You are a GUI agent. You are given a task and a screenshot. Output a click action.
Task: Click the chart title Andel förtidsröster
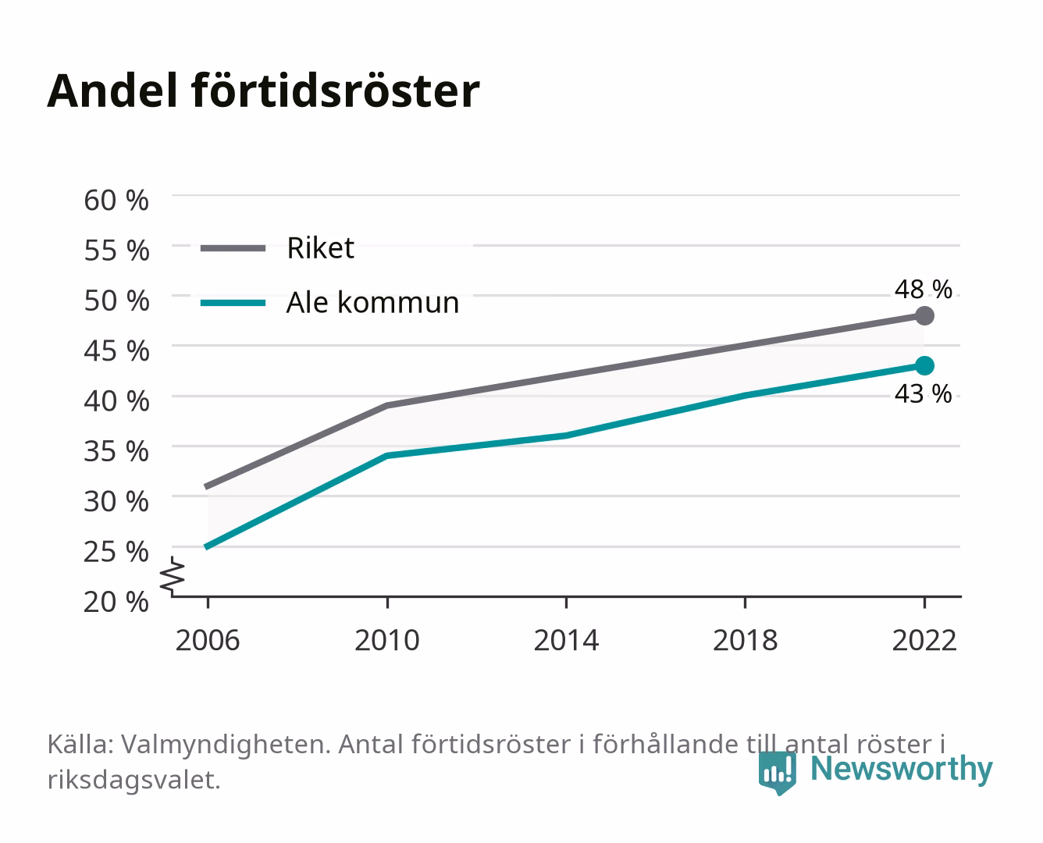point(263,91)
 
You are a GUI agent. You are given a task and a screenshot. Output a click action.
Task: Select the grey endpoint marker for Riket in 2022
point(924,316)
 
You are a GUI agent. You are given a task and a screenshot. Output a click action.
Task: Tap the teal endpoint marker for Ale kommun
point(924,366)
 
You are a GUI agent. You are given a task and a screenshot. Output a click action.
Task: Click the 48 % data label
point(923,289)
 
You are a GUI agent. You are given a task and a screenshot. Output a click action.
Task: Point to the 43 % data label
point(923,393)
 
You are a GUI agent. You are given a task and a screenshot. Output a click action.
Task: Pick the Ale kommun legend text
point(372,302)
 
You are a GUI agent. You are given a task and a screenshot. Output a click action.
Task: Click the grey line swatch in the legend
point(233,249)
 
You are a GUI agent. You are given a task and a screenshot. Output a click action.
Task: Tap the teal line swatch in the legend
point(233,303)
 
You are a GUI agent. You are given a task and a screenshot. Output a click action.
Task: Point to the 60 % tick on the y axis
point(116,201)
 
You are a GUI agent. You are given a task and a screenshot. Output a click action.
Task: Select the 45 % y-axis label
point(116,351)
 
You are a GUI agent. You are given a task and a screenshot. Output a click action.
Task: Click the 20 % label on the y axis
point(116,602)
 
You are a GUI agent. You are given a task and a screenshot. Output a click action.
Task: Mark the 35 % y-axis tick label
point(116,451)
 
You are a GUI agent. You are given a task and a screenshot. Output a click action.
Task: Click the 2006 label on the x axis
point(208,640)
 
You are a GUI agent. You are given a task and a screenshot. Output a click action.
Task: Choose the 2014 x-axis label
point(566,640)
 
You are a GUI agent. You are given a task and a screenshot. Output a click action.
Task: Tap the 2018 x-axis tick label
point(745,640)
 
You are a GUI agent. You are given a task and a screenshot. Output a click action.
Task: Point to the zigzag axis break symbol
point(173,576)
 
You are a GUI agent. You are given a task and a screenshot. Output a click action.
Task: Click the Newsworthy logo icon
point(777,773)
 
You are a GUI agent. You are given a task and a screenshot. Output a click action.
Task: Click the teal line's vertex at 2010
point(387,456)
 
